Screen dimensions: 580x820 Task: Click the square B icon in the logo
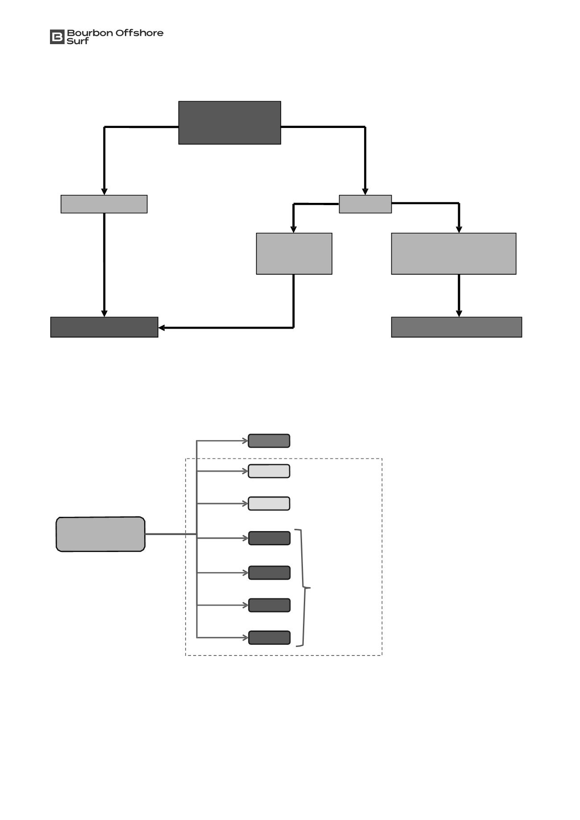(57, 37)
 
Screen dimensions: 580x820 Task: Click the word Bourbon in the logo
(90, 33)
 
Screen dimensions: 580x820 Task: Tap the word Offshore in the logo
(140, 33)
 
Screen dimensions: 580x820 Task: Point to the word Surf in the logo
(78, 41)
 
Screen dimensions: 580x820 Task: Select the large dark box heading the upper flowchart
(230, 123)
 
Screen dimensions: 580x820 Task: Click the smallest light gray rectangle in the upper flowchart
(365, 204)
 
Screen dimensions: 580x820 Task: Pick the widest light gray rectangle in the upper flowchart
(454, 253)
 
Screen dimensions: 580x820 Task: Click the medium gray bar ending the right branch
(456, 327)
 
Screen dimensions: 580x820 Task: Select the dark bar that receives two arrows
(104, 327)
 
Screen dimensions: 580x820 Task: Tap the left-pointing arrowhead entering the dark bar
(162, 328)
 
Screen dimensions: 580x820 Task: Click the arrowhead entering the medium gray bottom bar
(459, 314)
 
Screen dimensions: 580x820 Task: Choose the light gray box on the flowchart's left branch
(104, 204)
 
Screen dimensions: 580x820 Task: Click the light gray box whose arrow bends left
(294, 253)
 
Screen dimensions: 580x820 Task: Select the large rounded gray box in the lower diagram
(100, 534)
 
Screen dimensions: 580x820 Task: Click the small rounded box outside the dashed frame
(269, 441)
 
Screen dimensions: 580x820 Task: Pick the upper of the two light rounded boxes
(269, 471)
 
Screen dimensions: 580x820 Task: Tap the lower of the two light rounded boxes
(269, 503)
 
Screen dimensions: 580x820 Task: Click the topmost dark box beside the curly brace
(269, 538)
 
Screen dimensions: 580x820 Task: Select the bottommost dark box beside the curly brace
(269, 638)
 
